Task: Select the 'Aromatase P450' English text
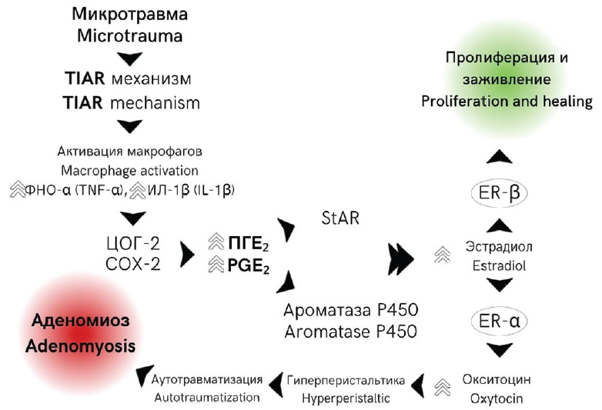tap(350, 332)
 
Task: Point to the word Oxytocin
tap(497, 398)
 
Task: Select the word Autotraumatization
tap(207, 398)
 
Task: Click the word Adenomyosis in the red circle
tap(81, 345)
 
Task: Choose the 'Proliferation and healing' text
tap(507, 102)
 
